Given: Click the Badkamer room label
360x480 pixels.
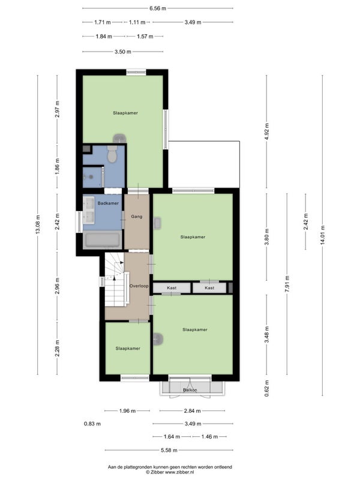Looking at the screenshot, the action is click(108, 203).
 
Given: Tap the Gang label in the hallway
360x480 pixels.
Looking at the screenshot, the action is click(137, 217).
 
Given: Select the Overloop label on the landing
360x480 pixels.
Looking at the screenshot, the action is click(139, 286).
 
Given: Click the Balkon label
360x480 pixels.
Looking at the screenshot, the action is click(190, 390).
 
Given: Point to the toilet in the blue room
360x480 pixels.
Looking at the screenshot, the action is click(112, 154).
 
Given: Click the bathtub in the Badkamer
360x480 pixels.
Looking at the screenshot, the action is click(102, 240).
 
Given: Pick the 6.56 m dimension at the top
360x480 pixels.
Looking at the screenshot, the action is click(158, 8).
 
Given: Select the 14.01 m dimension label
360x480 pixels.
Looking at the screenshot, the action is click(323, 235).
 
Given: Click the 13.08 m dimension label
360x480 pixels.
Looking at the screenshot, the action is click(38, 224).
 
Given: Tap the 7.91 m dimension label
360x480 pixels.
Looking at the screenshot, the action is click(287, 284).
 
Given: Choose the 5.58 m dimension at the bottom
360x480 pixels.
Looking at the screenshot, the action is click(169, 451).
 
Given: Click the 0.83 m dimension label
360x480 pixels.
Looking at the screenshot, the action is click(92, 424).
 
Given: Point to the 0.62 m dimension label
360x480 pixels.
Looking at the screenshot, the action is click(266, 388).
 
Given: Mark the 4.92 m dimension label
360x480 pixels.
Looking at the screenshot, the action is click(266, 131).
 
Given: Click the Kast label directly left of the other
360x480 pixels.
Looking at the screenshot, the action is click(172, 288).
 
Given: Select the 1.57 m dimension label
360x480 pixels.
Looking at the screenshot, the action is click(145, 37).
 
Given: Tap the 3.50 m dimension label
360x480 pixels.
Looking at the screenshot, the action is click(123, 52).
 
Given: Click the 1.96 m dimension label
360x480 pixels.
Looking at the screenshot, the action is click(127, 411).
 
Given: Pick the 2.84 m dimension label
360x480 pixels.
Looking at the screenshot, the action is click(192, 411).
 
